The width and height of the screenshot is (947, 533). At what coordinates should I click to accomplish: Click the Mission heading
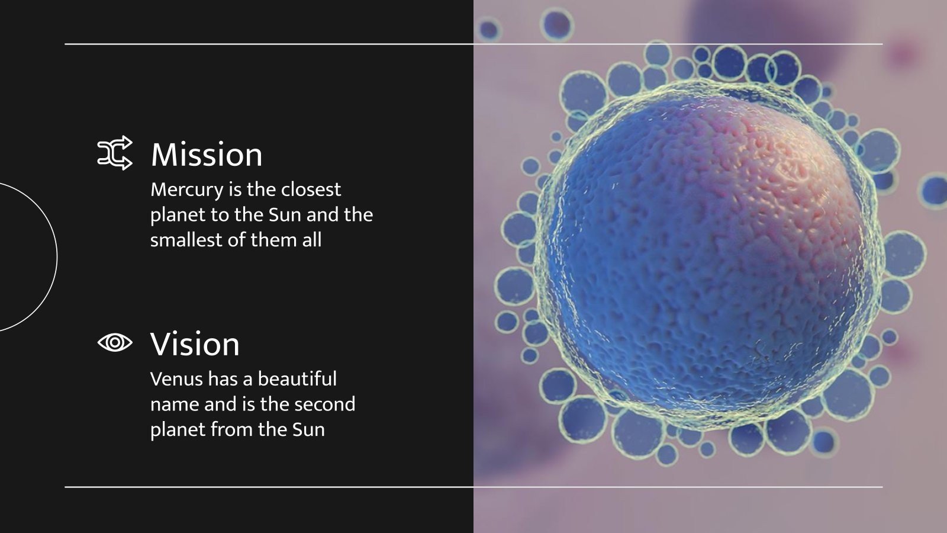(x=207, y=155)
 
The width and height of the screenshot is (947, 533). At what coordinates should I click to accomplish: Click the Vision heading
(x=195, y=344)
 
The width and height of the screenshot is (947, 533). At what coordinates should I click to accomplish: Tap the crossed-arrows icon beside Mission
(x=115, y=153)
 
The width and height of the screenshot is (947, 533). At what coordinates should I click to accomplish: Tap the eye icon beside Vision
(x=115, y=342)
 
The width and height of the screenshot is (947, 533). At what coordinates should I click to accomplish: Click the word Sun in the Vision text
(x=308, y=429)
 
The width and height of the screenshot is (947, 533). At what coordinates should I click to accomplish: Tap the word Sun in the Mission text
(x=285, y=214)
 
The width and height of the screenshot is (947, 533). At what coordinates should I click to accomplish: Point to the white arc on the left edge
(x=56, y=257)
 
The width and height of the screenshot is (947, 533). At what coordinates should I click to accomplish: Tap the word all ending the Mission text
(x=312, y=240)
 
